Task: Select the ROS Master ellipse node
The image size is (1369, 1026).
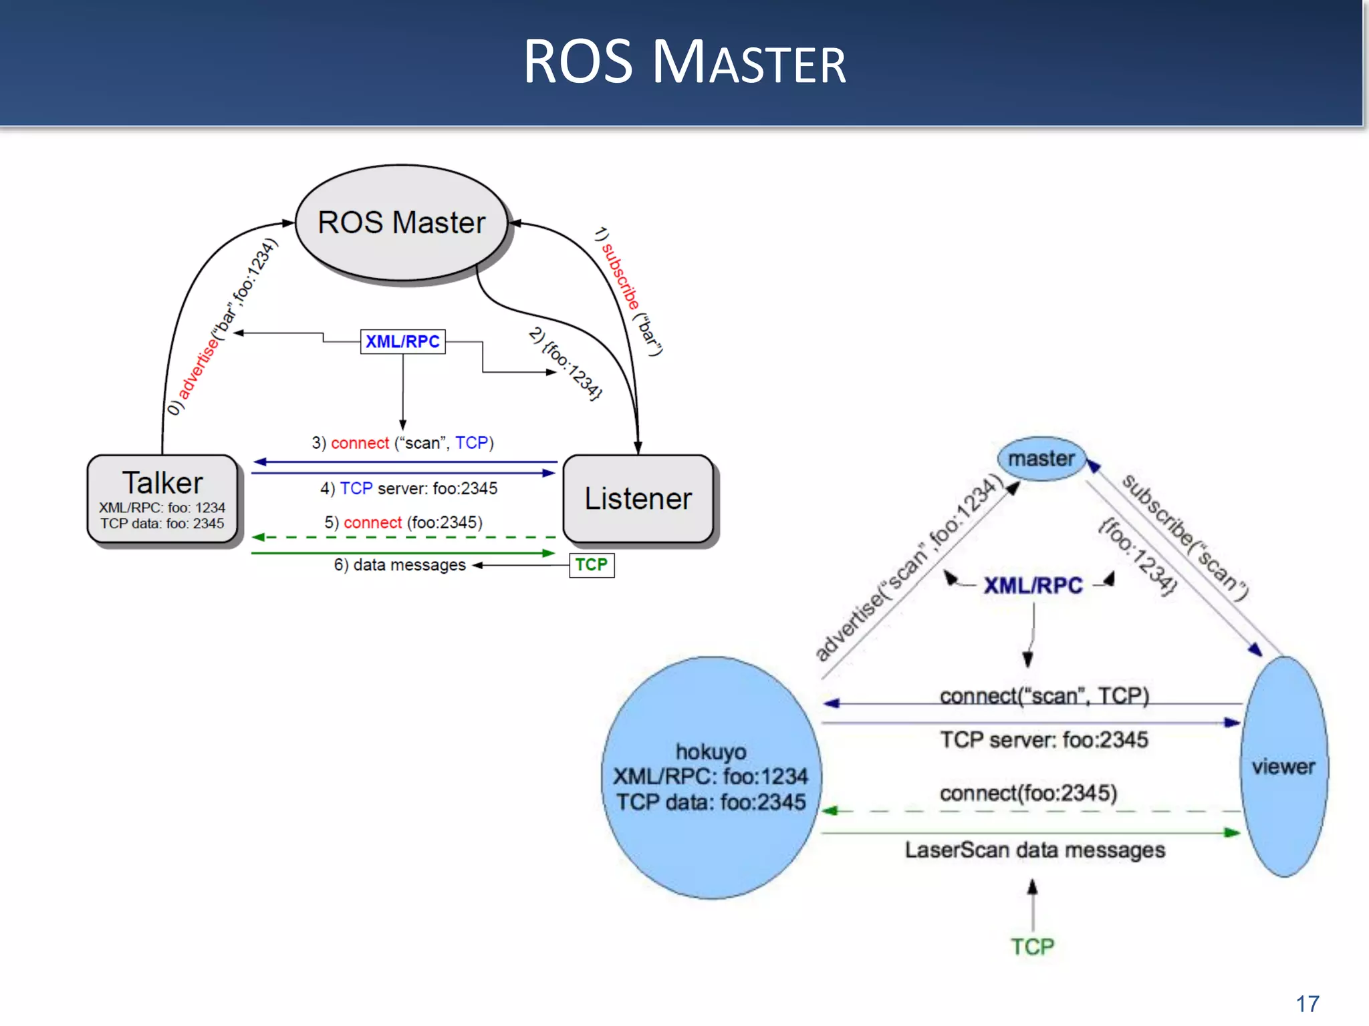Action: [401, 222]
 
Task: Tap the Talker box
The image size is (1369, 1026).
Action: [162, 499]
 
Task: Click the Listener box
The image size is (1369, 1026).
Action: [638, 499]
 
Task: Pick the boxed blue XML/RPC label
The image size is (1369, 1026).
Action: [402, 341]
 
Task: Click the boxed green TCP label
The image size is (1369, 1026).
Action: [592, 565]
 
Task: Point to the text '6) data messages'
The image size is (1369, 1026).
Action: [400, 565]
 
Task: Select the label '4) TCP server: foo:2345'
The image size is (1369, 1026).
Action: [408, 488]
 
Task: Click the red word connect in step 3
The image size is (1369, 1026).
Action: [360, 443]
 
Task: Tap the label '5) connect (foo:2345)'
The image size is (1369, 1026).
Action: [403, 522]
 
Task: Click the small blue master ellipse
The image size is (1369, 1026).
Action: [1041, 459]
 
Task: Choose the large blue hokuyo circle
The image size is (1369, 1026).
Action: [711, 777]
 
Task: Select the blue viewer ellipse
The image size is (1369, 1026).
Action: [1283, 766]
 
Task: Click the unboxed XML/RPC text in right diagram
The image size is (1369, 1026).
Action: [1033, 586]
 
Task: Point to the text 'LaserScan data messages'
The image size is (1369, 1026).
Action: [1035, 850]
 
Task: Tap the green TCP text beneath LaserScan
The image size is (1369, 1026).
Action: [1032, 947]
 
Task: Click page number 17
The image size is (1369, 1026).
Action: [1308, 1003]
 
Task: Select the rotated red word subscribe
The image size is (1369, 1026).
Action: [620, 275]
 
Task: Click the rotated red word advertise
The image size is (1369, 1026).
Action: [199, 368]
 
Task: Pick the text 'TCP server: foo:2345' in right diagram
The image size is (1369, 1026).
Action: [1043, 740]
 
